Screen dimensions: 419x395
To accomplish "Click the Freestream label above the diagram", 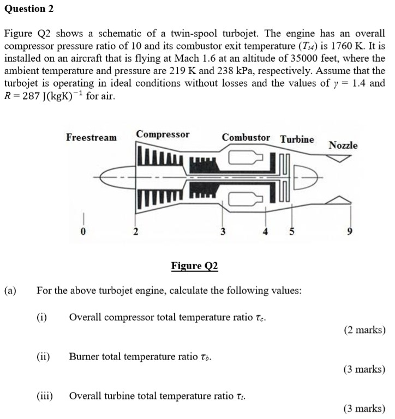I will pos(91,137).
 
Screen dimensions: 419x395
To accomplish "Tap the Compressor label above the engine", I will pos(163,134).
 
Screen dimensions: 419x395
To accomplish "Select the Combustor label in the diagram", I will pos(246,137).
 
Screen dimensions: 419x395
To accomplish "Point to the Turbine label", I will pos(297,139).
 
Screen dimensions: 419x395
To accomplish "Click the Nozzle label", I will pos(343,145).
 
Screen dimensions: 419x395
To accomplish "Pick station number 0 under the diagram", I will pos(83,231).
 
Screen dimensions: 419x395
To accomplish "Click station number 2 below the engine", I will pos(136,231).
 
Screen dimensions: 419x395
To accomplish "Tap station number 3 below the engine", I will pos(222,231).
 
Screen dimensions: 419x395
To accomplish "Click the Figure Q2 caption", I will pos(194,266).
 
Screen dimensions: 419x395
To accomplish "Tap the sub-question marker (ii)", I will pos(44,357).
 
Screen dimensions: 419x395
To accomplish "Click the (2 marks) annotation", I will pos(364,330).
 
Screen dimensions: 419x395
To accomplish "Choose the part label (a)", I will pos(10,290).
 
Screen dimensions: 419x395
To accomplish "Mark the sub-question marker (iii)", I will pos(45,396).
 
